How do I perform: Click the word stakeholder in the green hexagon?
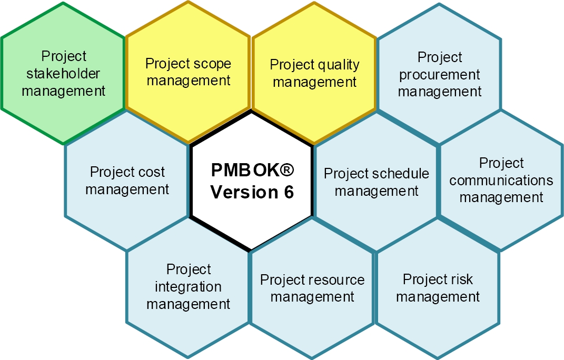pos(63,73)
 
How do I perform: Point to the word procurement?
pos(439,75)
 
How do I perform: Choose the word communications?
pos(501,180)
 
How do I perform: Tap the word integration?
pos(188,287)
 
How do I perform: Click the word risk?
pos(463,279)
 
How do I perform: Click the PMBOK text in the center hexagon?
pos(244,170)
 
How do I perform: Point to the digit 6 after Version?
pos(289,192)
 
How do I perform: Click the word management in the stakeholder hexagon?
pos(63,92)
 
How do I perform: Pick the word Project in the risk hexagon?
pos(426,279)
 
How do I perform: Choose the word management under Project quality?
pos(315,82)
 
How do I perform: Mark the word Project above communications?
pos(501,163)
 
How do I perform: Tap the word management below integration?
pos(188,304)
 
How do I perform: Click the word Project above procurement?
pos(440,57)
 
